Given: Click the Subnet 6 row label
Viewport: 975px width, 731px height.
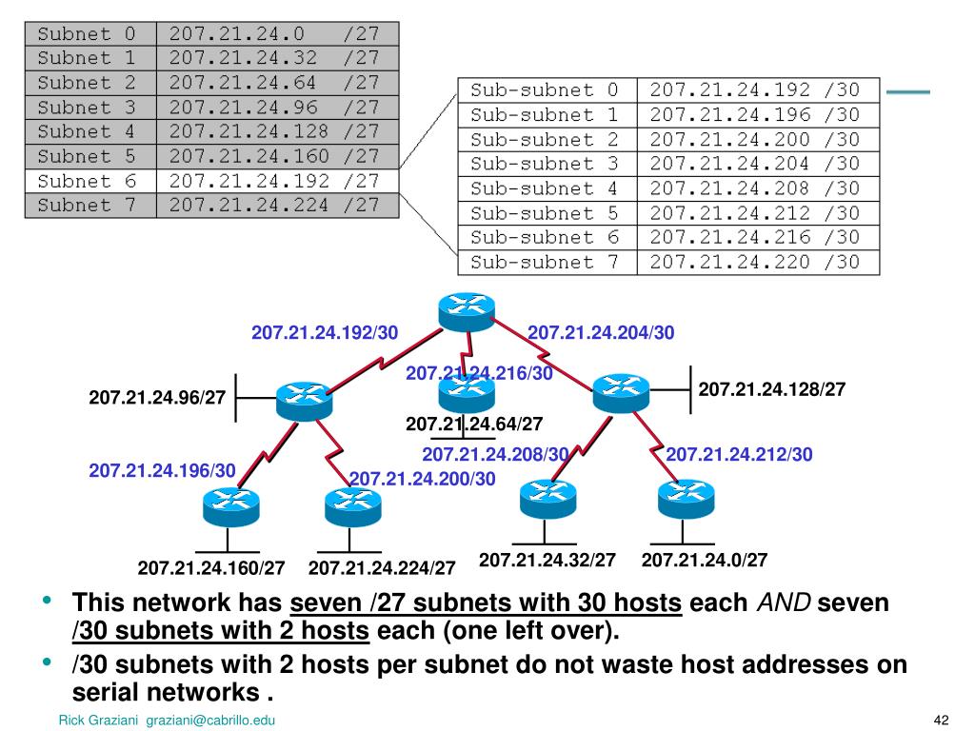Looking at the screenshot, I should pyautogui.click(x=88, y=180).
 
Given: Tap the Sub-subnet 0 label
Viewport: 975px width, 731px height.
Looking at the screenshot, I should pyautogui.click(x=545, y=90).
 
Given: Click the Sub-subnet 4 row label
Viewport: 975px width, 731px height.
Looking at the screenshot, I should pyautogui.click(x=545, y=188).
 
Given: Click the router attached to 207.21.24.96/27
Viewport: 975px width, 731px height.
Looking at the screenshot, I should pyautogui.click(x=303, y=399).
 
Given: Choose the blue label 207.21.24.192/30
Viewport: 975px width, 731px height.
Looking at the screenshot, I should pyautogui.click(x=325, y=333).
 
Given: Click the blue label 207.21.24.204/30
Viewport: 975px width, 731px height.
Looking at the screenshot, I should pyautogui.click(x=601, y=333).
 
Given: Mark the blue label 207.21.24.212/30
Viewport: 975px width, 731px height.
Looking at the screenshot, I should pyautogui.click(x=740, y=455).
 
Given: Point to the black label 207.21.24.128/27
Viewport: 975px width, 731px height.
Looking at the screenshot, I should pyautogui.click(x=772, y=389).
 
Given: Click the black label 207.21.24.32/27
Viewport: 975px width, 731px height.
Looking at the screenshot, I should pyautogui.click(x=547, y=561).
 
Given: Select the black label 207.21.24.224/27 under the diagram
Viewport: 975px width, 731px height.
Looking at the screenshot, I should pyautogui.click(x=382, y=568).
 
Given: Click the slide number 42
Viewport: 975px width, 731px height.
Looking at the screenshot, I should pyautogui.click(x=943, y=720).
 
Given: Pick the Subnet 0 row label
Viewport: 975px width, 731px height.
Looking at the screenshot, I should pyautogui.click(x=88, y=33).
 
